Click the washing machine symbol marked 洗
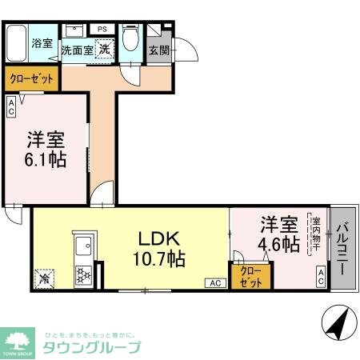click(x=105, y=48)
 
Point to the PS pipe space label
click(x=102, y=30)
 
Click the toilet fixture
click(x=131, y=42)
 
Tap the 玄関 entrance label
click(x=159, y=50)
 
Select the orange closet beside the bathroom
click(x=31, y=79)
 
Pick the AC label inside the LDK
click(x=214, y=282)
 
